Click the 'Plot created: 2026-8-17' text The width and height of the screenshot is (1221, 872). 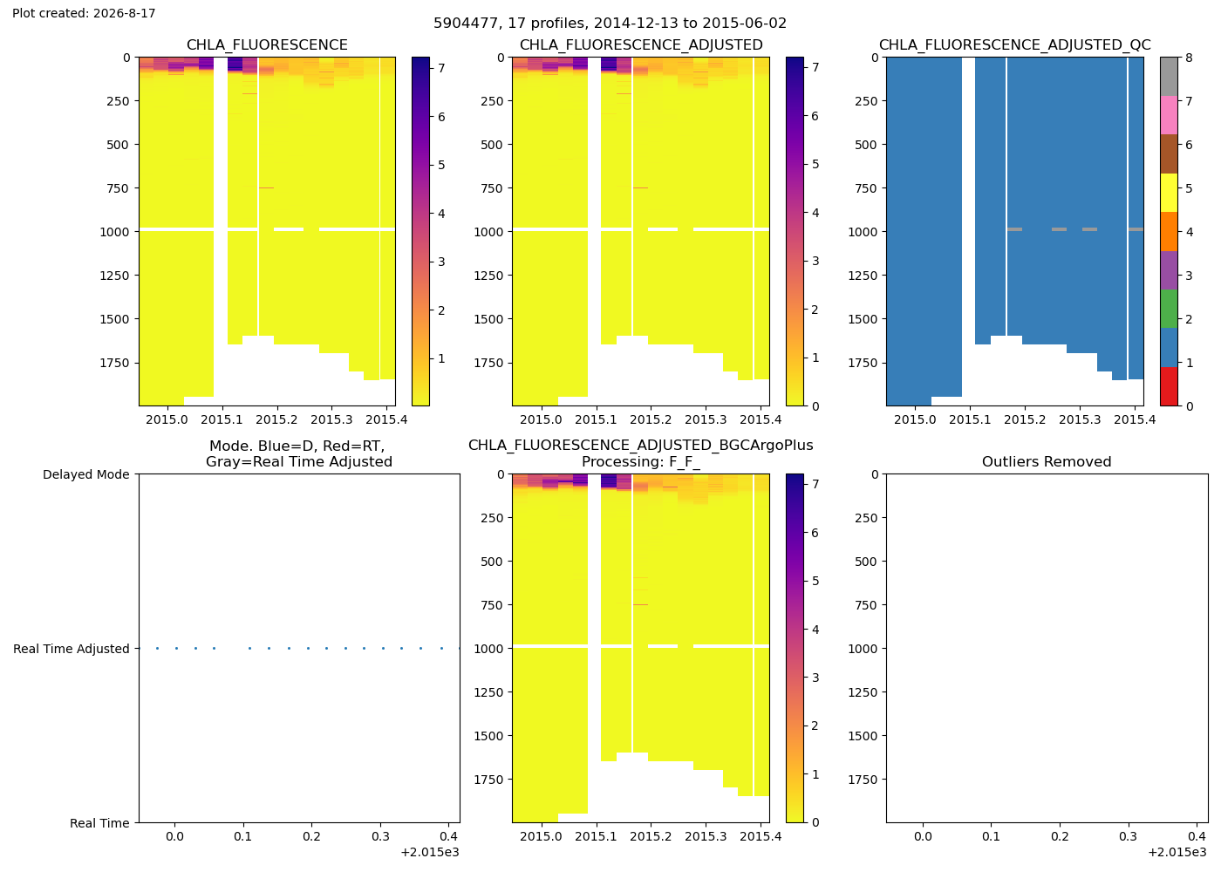tap(84, 13)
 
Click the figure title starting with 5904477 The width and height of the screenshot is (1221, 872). tap(610, 24)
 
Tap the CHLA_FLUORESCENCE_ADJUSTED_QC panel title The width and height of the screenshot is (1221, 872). tap(1015, 44)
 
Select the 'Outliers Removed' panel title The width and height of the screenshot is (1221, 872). tap(1047, 461)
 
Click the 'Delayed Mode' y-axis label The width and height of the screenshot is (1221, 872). tap(86, 474)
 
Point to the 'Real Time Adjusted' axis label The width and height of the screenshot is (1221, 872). tap(72, 649)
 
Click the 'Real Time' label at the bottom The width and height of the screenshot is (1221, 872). tap(99, 823)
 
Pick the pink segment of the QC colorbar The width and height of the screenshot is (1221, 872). tap(1169, 115)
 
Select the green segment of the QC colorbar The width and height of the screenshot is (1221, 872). tap(1169, 309)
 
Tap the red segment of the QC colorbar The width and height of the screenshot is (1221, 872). tap(1169, 386)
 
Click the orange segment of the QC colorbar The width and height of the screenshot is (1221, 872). tap(1169, 231)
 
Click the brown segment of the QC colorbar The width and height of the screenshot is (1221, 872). tap(1169, 153)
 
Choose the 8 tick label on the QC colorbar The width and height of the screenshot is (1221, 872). tap(1189, 58)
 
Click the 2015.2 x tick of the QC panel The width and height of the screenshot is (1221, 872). tap(1025, 419)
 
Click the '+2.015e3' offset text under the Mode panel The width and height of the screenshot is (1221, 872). tap(430, 853)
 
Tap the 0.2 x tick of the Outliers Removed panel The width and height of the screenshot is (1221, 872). tap(1060, 836)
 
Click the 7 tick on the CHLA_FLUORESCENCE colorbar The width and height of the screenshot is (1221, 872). tap(441, 68)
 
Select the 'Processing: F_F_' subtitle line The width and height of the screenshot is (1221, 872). tap(641, 462)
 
